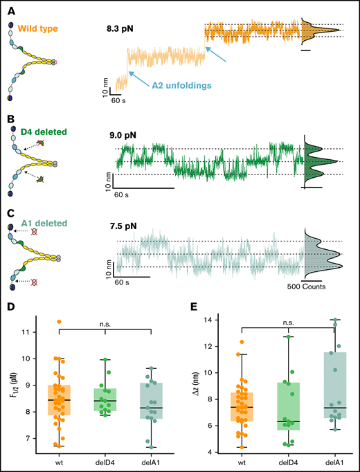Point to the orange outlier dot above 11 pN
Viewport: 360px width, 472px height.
coord(58,322)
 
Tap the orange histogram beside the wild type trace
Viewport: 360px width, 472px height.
coord(315,31)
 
